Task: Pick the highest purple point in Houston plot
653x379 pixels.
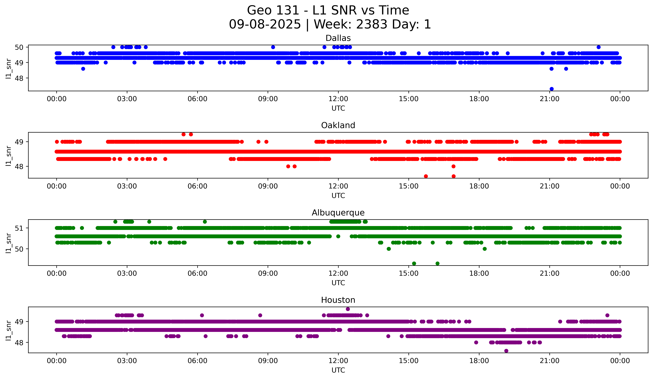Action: [348, 309]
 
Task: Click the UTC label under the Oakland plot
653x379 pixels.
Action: [338, 196]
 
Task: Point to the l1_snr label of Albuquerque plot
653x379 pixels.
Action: [8, 243]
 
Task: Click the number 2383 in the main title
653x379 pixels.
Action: [372, 24]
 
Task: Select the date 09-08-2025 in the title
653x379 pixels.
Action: [265, 24]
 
